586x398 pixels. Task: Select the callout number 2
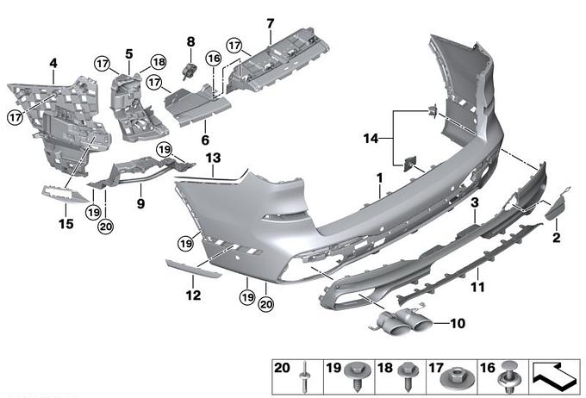[557, 236]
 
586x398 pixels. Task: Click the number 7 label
[270, 22]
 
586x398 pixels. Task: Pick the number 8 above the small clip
[191, 41]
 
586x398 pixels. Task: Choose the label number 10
[457, 324]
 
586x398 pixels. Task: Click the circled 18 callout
[159, 62]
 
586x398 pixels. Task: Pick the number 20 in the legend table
[282, 368]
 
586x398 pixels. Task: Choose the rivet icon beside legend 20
[306, 376]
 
